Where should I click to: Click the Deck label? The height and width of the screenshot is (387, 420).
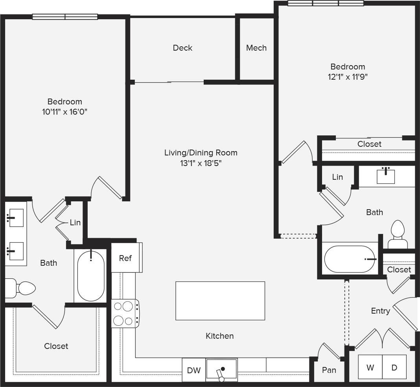(x=182, y=48)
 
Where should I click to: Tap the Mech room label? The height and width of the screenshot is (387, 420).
(x=256, y=48)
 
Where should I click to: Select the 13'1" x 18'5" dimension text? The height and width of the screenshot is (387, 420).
(x=201, y=163)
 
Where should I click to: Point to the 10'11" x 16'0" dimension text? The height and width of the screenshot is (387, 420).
(x=64, y=112)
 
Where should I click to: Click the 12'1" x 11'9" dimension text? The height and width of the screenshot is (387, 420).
(x=347, y=77)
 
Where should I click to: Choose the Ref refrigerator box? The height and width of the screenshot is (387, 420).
(x=125, y=258)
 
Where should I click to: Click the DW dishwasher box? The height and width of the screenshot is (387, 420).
(x=193, y=370)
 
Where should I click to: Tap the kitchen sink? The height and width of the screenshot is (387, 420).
(x=222, y=370)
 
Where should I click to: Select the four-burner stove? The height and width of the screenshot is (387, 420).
(x=125, y=313)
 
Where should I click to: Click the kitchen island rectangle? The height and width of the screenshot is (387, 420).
(x=220, y=301)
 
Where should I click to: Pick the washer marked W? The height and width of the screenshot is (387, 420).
(x=370, y=368)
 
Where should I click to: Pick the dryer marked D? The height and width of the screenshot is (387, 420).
(x=394, y=368)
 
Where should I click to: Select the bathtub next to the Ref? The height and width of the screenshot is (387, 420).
(x=91, y=276)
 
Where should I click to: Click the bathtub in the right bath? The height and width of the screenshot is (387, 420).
(x=350, y=259)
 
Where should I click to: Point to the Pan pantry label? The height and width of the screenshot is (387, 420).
(x=329, y=370)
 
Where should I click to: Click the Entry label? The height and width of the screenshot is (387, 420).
(x=380, y=311)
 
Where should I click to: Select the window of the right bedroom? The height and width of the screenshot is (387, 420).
(x=326, y=4)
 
